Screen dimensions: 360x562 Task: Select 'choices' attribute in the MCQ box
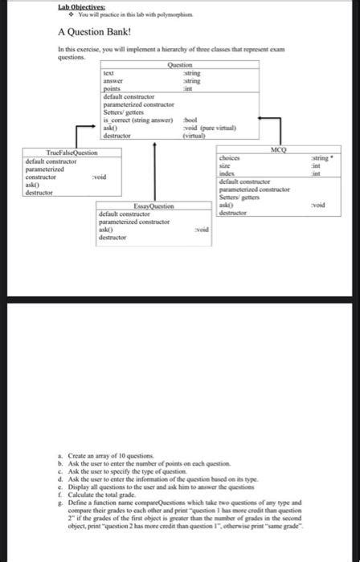pos(231,159)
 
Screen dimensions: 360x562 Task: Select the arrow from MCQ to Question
pos(273,128)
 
